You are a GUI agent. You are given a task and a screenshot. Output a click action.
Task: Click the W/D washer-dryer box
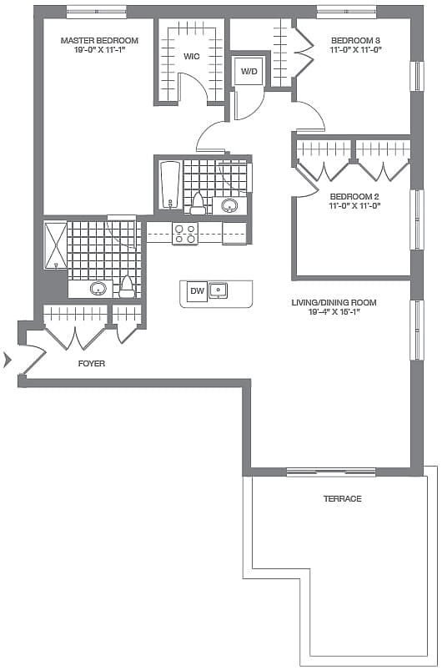click(249, 71)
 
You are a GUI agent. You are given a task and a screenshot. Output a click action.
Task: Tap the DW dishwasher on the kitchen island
click(197, 291)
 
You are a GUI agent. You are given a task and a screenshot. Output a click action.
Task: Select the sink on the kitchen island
click(218, 290)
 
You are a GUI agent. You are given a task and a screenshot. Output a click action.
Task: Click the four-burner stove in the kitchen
click(185, 233)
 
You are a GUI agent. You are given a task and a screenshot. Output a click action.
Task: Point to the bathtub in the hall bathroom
click(170, 184)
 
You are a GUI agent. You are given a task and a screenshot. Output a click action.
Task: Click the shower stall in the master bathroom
click(56, 245)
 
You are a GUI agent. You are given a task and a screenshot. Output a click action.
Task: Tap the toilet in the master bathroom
click(127, 288)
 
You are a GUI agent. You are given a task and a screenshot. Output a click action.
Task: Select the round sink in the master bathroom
click(98, 289)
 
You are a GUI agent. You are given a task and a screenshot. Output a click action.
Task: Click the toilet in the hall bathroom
click(198, 204)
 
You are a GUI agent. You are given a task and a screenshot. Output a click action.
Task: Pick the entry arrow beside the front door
click(7, 360)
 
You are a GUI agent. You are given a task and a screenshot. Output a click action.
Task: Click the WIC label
click(192, 57)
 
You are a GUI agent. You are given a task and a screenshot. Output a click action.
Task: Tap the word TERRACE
click(343, 498)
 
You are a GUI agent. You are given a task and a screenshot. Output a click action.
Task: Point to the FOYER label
click(92, 364)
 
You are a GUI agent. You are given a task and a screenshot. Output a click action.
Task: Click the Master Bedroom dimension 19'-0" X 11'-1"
click(99, 49)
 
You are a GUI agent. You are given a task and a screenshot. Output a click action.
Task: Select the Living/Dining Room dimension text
click(334, 312)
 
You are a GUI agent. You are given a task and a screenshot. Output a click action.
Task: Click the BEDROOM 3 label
click(355, 41)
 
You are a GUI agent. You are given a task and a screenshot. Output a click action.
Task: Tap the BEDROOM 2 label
click(354, 197)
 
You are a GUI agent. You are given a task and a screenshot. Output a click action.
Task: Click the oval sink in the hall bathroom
click(230, 206)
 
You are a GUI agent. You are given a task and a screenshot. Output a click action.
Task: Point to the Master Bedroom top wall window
click(97, 12)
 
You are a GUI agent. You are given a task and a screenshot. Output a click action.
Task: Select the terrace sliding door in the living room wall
click(331, 472)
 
